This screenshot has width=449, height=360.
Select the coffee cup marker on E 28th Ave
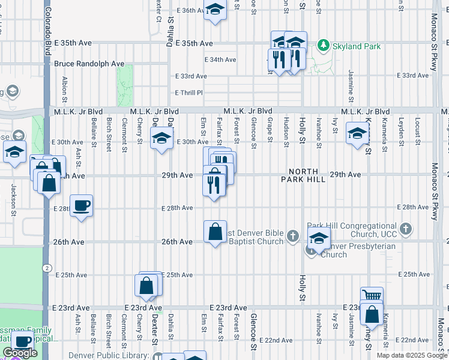pyautogui.click(x=81, y=206)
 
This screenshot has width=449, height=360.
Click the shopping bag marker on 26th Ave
pyautogui.click(x=215, y=232)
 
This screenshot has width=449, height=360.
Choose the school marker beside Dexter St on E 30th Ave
pyautogui.click(x=161, y=139)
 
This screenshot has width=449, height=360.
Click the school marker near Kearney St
pyautogui.click(x=357, y=133)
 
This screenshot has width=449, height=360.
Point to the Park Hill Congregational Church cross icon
pyautogui.click(x=406, y=228)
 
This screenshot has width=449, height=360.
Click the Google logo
pyautogui.click(x=20, y=353)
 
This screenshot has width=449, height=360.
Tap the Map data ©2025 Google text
pyautogui.click(x=412, y=355)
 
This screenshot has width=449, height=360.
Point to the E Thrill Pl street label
pyautogui.click(x=189, y=93)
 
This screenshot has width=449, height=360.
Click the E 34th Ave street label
pyautogui.click(x=220, y=60)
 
